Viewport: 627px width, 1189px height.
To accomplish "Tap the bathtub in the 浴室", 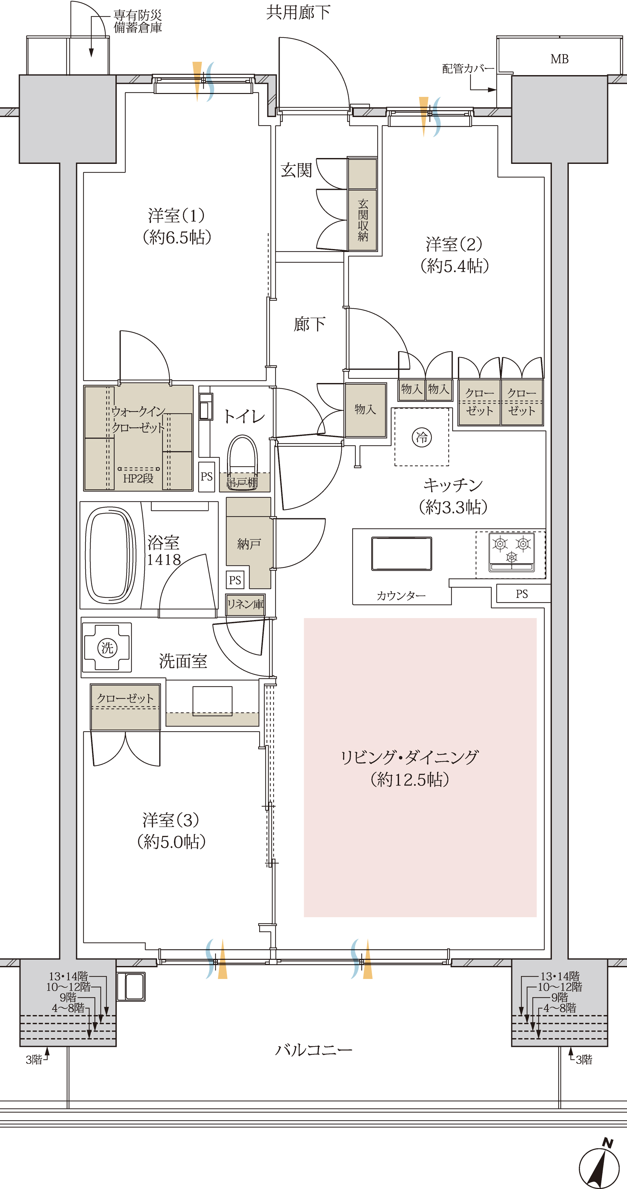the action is click(110, 555).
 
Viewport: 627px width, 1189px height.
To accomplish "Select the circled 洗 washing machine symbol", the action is click(107, 648).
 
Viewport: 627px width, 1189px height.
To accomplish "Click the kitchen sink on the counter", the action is click(401, 553).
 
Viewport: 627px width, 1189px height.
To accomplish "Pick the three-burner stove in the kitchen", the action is click(512, 552).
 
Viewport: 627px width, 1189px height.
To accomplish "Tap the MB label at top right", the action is click(559, 59).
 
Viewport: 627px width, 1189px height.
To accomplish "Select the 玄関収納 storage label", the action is click(363, 220).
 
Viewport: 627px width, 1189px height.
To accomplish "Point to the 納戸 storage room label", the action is click(249, 544).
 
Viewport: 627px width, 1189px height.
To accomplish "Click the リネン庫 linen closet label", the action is click(245, 604).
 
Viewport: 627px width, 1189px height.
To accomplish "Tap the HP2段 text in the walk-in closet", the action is click(138, 479).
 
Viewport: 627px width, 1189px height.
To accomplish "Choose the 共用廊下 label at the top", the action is click(298, 12).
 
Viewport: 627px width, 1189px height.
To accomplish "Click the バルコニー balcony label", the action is click(313, 1050).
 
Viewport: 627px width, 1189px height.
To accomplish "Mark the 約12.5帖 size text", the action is click(409, 780).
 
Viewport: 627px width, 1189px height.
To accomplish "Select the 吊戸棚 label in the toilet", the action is click(242, 483).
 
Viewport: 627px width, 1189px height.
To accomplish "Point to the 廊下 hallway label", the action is click(309, 324).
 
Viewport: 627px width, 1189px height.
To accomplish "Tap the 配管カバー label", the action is click(468, 69).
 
